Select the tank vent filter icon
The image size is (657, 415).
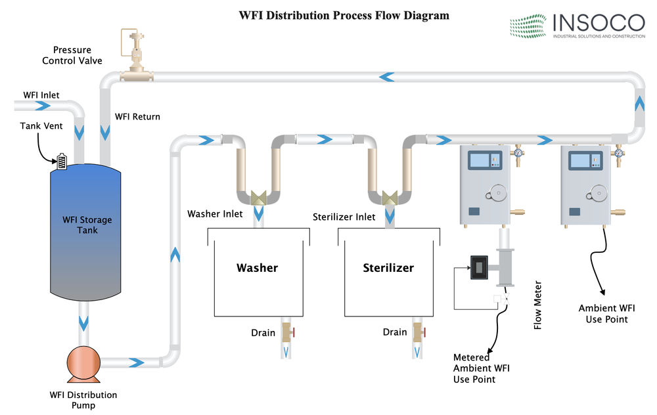click(62, 161)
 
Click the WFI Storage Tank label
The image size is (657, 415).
click(87, 225)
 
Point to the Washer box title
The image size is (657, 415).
click(258, 268)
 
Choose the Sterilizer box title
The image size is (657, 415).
click(388, 268)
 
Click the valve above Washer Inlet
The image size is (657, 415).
click(258, 198)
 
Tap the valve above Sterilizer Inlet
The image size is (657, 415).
click(390, 198)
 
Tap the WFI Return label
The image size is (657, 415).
click(137, 117)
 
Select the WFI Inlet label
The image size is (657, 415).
click(41, 95)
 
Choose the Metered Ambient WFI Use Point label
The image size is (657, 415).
click(482, 368)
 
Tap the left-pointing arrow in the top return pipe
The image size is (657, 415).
click(386, 77)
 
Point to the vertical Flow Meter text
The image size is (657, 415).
click(538, 307)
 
